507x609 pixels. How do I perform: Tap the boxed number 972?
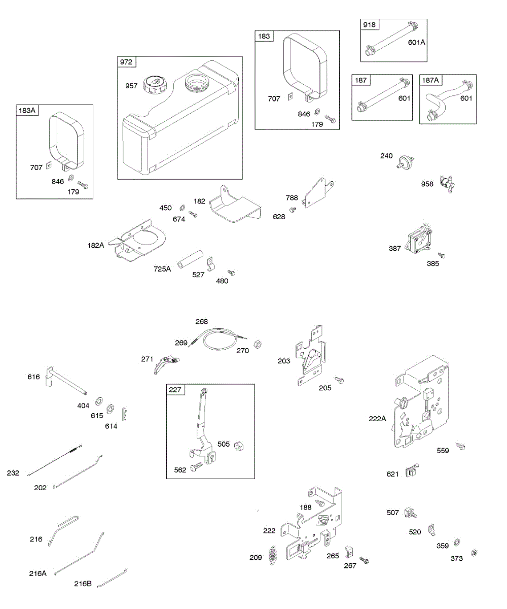coord(126,62)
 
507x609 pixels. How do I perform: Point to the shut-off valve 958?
coord(446,182)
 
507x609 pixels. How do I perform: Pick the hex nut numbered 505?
coord(238,446)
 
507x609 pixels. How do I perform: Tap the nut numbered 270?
coord(257,344)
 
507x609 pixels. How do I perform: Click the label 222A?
coord(378,419)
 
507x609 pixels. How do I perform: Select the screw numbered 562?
coord(197,467)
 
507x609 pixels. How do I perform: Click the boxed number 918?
coord(369,25)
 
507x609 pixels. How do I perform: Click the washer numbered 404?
coord(97,396)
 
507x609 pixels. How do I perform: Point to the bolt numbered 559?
coord(460,446)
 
